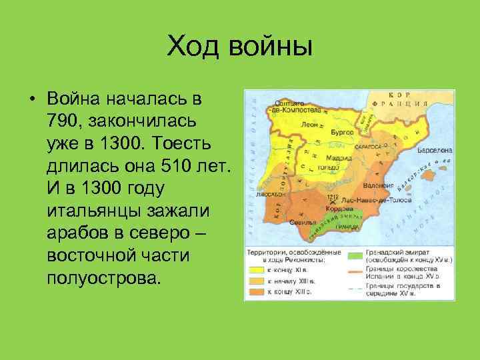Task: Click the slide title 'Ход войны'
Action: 239,47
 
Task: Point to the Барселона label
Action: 434,151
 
